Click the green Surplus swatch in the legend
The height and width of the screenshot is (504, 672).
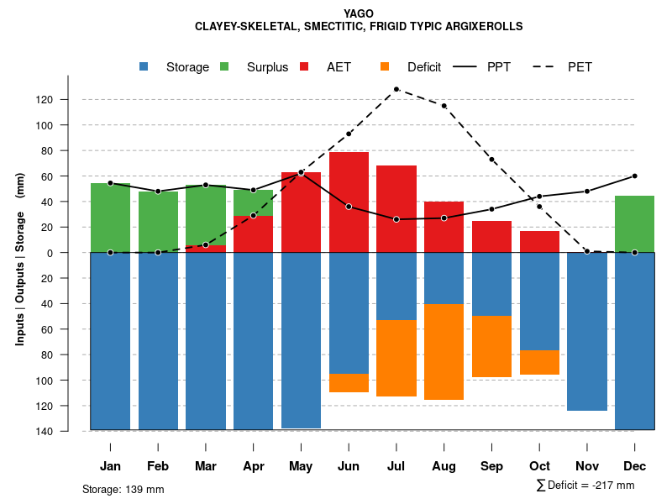[x=224, y=67]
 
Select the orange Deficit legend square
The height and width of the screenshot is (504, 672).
[x=385, y=67]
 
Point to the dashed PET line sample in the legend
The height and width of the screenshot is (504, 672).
[x=548, y=67]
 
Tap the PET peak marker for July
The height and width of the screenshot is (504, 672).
[x=396, y=89]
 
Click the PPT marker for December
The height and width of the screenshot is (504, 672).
[x=634, y=176]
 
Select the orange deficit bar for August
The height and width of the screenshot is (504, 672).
[x=444, y=351]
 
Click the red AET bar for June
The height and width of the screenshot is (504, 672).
[x=349, y=202]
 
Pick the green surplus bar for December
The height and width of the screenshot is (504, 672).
[x=634, y=223]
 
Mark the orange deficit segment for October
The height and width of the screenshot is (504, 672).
[x=539, y=362]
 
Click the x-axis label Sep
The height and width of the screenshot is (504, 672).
[x=491, y=466]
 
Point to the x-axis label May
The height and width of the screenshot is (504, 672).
[x=301, y=466]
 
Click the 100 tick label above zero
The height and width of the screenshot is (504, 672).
[x=67, y=125]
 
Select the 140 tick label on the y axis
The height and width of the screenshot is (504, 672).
[x=67, y=431]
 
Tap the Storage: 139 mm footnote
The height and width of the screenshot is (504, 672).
[x=123, y=489]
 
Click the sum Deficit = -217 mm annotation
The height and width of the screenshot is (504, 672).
[x=585, y=486]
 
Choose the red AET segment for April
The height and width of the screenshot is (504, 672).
[x=253, y=234]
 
